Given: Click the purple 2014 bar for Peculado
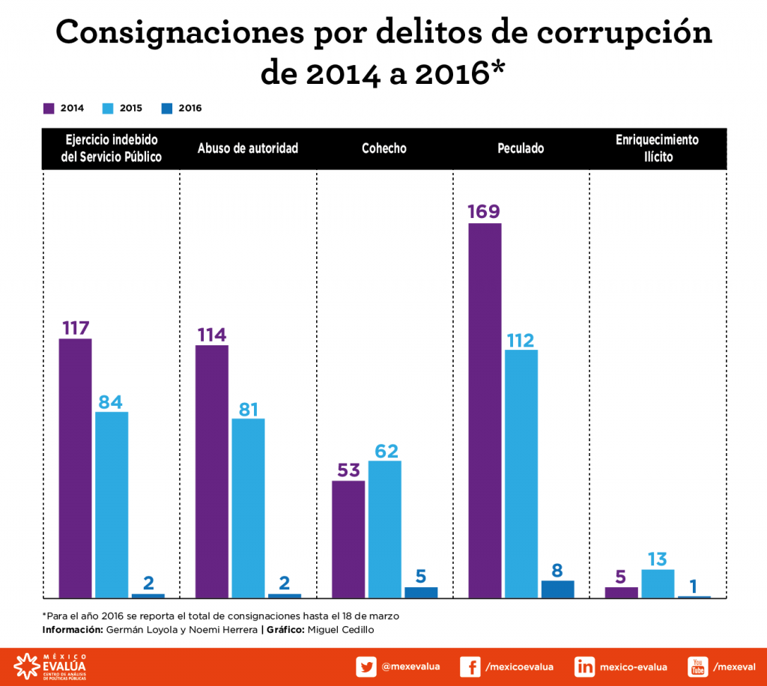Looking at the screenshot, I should pos(485,410).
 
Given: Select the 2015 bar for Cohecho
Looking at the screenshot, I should pos(385,529).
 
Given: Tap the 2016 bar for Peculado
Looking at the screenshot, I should pos(557,589).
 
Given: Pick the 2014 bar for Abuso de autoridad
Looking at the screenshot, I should pos(212,471).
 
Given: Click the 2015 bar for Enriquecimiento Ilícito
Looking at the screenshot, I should pos(658,583).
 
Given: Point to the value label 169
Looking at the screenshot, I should pos(484,212).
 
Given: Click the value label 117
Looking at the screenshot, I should pos(75,328).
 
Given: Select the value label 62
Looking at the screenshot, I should pos(385,451).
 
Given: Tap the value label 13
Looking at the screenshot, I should pos(658,559).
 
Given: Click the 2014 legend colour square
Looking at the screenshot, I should pos(49,108).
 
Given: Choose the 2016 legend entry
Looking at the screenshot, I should pos(182,108).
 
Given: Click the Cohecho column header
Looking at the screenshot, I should pos(384,148).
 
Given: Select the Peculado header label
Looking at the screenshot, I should pos(521,148).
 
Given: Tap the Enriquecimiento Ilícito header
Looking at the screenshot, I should pos(657,148).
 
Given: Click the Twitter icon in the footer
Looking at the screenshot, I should pos(366,667).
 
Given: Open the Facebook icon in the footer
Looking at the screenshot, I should pos(470,667).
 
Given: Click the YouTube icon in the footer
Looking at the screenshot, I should pos(698,667).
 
